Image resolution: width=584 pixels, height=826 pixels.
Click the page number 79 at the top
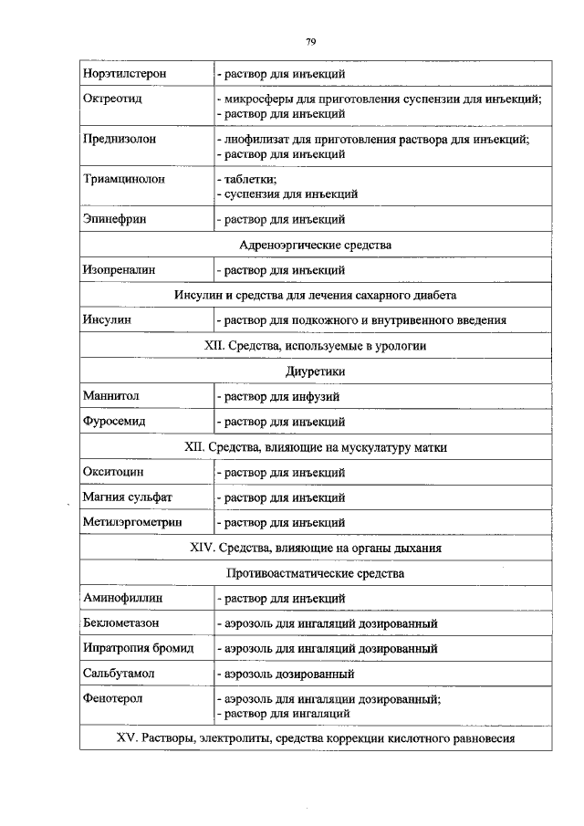310,42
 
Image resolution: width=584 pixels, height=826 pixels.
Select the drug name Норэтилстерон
125,73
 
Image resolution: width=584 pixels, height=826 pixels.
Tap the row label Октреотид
111,97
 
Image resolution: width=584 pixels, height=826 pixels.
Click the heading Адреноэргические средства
315,245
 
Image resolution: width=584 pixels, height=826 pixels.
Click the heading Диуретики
315,371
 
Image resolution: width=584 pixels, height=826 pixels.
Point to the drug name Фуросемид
114,422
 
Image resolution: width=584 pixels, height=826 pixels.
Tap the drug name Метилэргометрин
132,523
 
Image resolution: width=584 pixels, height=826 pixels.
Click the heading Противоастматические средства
315,573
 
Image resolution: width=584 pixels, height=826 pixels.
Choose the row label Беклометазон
121,623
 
